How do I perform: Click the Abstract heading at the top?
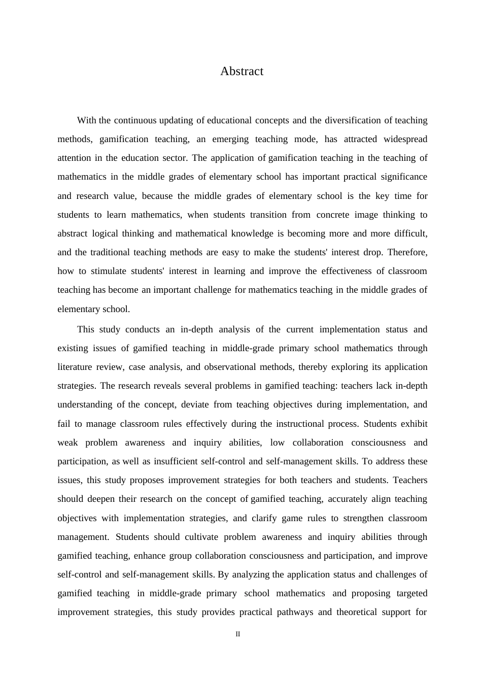pos(242,72)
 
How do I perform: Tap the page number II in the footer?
pos(238,634)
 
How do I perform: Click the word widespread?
pos(405,139)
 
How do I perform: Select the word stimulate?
pos(109,271)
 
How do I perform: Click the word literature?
pos(75,367)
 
